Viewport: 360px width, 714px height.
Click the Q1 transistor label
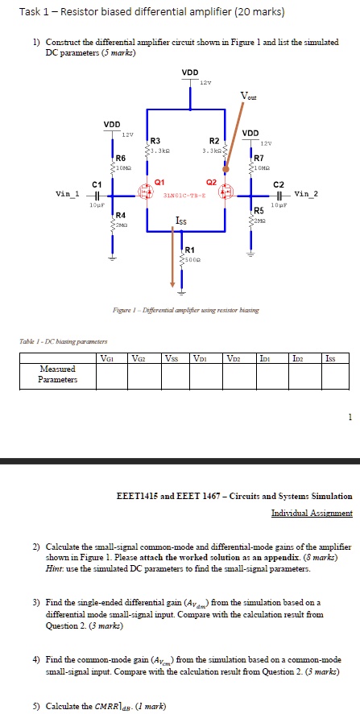[159, 182]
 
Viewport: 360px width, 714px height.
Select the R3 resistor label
[155, 139]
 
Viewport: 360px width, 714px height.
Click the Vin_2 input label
[306, 194]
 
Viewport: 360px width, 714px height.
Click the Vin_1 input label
[67, 194]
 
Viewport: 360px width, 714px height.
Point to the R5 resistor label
[259, 210]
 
